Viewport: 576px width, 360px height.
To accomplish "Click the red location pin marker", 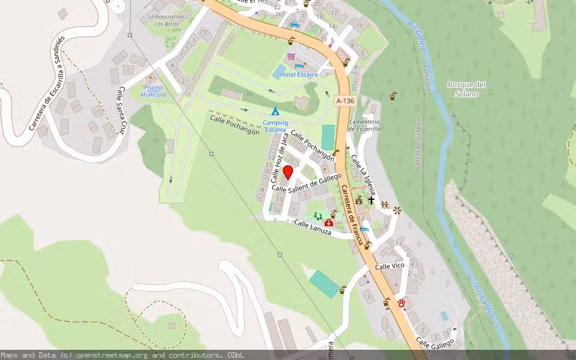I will pyautogui.click(x=287, y=173).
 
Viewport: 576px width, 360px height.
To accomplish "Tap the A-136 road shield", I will pyautogui.click(x=344, y=101).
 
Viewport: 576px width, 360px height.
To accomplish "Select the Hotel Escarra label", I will pyautogui.click(x=299, y=75).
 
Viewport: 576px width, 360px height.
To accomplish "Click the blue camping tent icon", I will pyautogui.click(x=275, y=111).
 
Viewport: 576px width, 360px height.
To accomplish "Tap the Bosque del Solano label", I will pyautogui.click(x=466, y=89).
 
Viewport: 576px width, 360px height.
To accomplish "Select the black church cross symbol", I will pyautogui.click(x=371, y=200).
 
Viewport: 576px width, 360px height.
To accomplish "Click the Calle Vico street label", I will pyautogui.click(x=390, y=266).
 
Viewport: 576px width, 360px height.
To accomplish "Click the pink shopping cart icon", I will pyautogui.click(x=291, y=56).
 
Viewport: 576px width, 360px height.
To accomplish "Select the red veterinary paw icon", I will pyautogui.click(x=401, y=304).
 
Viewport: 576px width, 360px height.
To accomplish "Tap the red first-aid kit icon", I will pyautogui.click(x=328, y=223).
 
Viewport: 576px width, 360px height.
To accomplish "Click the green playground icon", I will pyautogui.click(x=317, y=216).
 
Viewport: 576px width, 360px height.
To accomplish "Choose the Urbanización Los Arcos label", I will pyautogui.click(x=166, y=20).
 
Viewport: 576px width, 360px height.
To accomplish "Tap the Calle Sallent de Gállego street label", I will pyautogui.click(x=307, y=183).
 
